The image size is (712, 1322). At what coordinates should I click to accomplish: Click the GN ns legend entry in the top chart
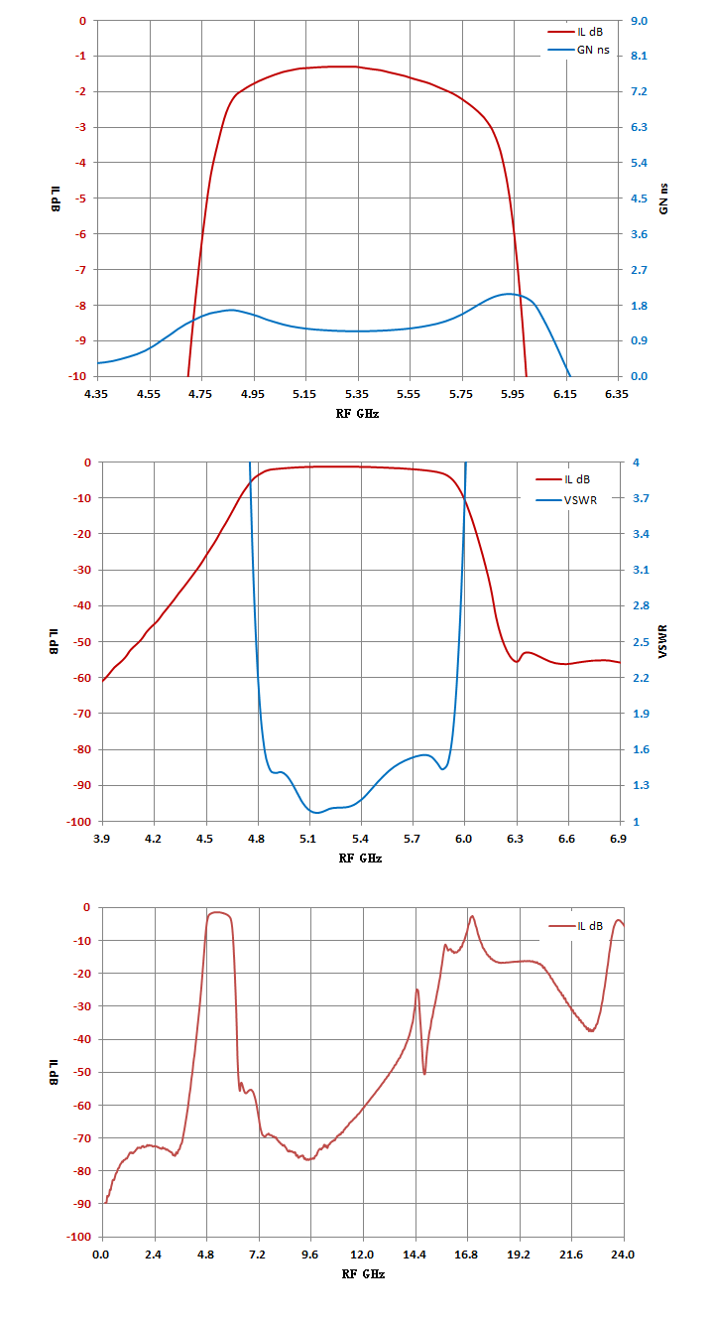(x=579, y=51)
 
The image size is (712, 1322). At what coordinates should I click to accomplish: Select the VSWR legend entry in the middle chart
(x=566, y=500)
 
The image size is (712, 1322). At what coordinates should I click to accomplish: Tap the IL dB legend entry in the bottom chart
(x=576, y=926)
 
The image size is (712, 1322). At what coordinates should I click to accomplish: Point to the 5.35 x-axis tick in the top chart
(x=357, y=394)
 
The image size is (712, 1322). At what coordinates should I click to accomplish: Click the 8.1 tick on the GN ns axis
(x=639, y=56)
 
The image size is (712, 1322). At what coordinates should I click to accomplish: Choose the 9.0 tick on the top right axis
(x=639, y=21)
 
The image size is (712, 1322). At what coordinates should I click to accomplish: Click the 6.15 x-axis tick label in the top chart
(x=565, y=394)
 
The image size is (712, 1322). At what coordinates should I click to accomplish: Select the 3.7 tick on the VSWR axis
(x=641, y=498)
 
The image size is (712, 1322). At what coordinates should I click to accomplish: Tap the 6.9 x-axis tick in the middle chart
(x=618, y=839)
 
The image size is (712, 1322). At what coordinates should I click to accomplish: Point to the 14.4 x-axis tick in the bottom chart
(x=415, y=1255)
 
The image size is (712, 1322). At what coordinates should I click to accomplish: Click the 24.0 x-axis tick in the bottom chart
(x=623, y=1255)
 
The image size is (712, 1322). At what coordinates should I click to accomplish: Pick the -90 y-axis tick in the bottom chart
(x=82, y=1204)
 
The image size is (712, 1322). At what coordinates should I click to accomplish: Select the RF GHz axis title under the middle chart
(x=360, y=859)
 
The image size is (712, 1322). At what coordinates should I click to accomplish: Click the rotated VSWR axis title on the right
(x=662, y=641)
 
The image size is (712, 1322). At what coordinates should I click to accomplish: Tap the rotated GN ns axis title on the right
(x=663, y=198)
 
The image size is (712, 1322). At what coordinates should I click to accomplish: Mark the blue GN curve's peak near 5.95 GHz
(x=509, y=294)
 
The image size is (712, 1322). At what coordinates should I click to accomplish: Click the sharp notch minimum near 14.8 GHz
(x=424, y=1074)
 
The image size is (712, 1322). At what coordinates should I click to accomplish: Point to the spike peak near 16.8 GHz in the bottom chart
(x=472, y=916)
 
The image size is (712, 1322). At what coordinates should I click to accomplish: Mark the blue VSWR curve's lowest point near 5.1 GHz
(x=316, y=813)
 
